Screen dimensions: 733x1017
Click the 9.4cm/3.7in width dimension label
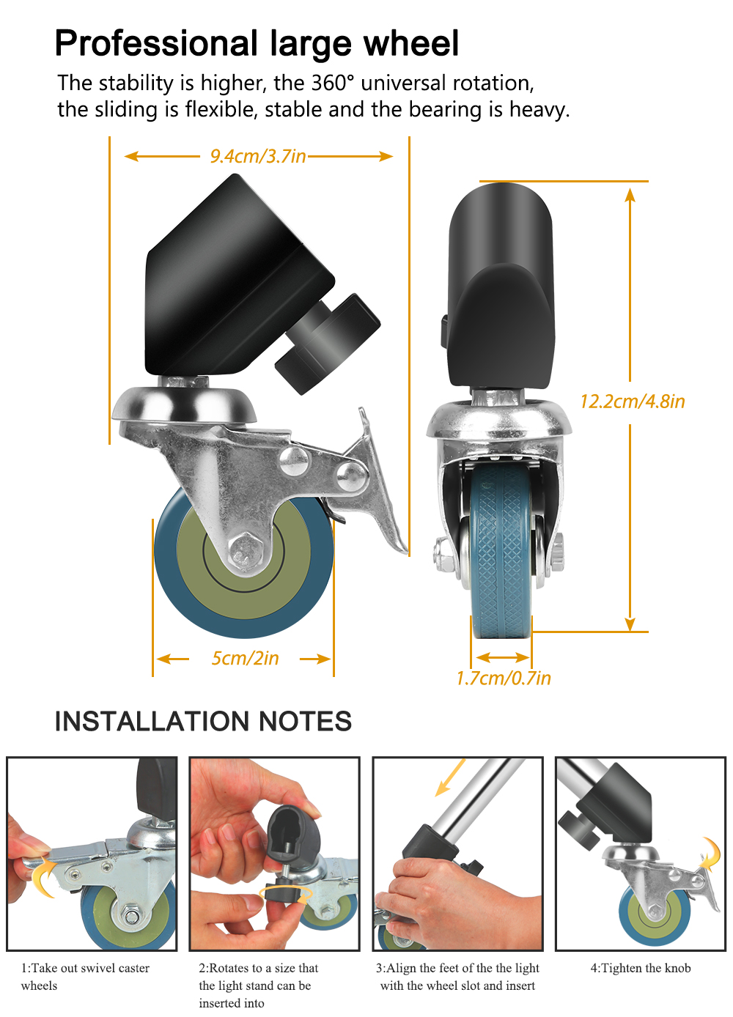point(257,156)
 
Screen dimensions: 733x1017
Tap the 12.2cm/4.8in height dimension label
point(632,402)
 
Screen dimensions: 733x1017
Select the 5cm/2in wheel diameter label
point(245,658)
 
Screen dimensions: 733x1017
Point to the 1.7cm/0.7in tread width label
point(503,678)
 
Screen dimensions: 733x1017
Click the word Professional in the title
point(156,43)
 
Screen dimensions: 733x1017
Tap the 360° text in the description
point(333,83)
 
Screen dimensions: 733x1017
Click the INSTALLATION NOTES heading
point(203,721)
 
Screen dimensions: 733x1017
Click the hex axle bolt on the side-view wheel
point(246,550)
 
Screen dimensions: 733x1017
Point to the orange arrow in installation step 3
point(449,777)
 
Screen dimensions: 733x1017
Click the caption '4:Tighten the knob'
point(641,968)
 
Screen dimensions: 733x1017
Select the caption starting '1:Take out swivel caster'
point(85,977)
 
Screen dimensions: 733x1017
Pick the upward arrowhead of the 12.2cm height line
point(630,195)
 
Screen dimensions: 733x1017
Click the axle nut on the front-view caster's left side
point(442,555)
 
